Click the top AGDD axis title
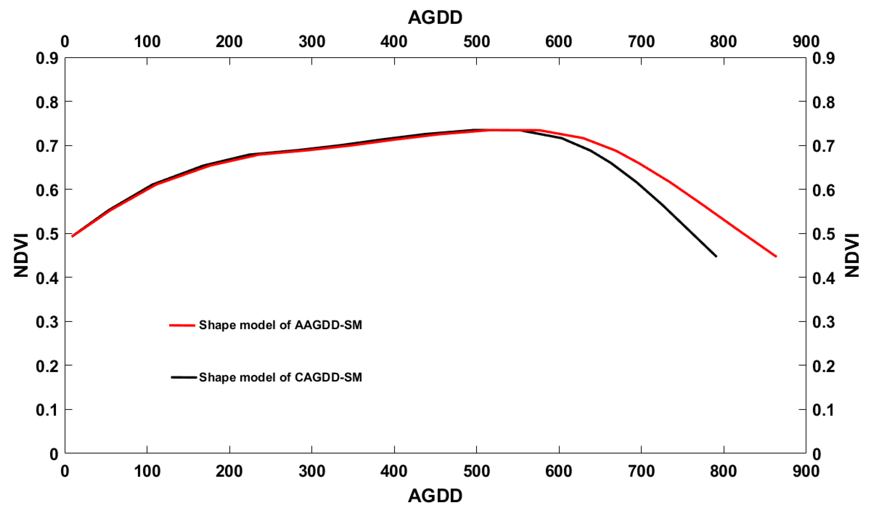coord(435,17)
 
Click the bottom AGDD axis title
coord(435,496)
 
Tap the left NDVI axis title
coord(21,255)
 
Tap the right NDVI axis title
coord(852,255)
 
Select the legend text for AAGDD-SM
coord(280,325)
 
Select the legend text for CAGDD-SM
coord(280,377)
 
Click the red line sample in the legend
coord(182,325)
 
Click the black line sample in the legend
coord(184,377)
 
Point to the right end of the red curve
coord(776,256)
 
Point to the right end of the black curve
coord(717,256)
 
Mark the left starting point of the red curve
coord(72,236)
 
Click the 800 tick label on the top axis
coord(723,42)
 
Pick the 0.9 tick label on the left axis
coord(47,58)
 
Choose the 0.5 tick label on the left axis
coord(47,234)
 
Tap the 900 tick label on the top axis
coord(806,42)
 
